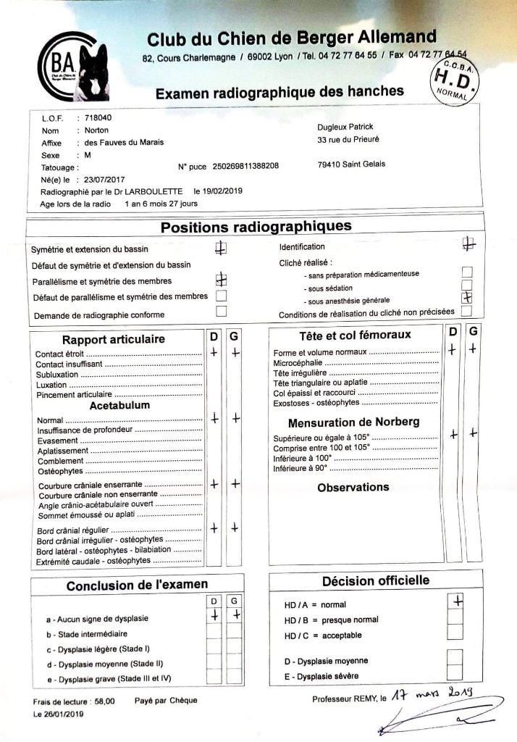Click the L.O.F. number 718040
pyautogui.click(x=98, y=117)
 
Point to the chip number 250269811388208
pyautogui.click(x=245, y=166)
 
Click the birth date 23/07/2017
pyautogui.click(x=105, y=179)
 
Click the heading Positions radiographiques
pyautogui.click(x=256, y=227)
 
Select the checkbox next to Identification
pyautogui.click(x=467, y=246)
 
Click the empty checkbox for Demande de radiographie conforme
pyautogui.click(x=222, y=311)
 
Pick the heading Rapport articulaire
pyautogui.click(x=114, y=339)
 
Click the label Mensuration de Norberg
pyautogui.click(x=353, y=422)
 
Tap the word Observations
pyautogui.click(x=353, y=487)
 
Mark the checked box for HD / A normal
pyautogui.click(x=455, y=601)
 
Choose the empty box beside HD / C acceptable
pyautogui.click(x=455, y=633)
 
